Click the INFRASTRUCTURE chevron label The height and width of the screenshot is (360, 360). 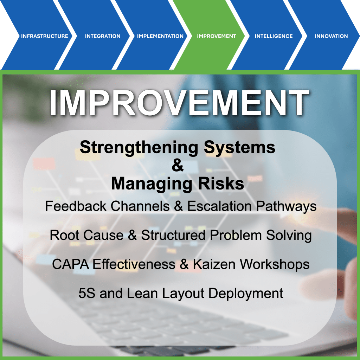click(45, 36)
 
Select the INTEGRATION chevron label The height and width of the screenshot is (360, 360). click(103, 36)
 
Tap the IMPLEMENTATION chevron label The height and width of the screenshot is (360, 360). click(160, 36)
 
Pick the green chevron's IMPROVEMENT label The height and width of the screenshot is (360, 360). click(217, 36)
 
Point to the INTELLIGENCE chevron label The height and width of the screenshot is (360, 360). click(274, 36)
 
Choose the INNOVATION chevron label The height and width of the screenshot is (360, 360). click(331, 36)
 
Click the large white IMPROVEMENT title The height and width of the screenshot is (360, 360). click(179, 103)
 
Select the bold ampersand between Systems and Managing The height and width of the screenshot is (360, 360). click(178, 165)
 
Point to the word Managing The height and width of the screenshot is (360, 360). click(152, 184)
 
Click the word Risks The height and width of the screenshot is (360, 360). click(221, 184)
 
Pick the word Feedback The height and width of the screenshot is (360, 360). click(76, 206)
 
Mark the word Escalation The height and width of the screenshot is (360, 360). click(219, 206)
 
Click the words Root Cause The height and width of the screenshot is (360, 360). click(87, 235)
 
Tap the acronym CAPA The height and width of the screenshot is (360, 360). click(70, 264)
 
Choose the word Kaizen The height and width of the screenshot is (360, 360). click(214, 264)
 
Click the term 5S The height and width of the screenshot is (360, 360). click(87, 293)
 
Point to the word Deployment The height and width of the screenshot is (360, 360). click(246, 294)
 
